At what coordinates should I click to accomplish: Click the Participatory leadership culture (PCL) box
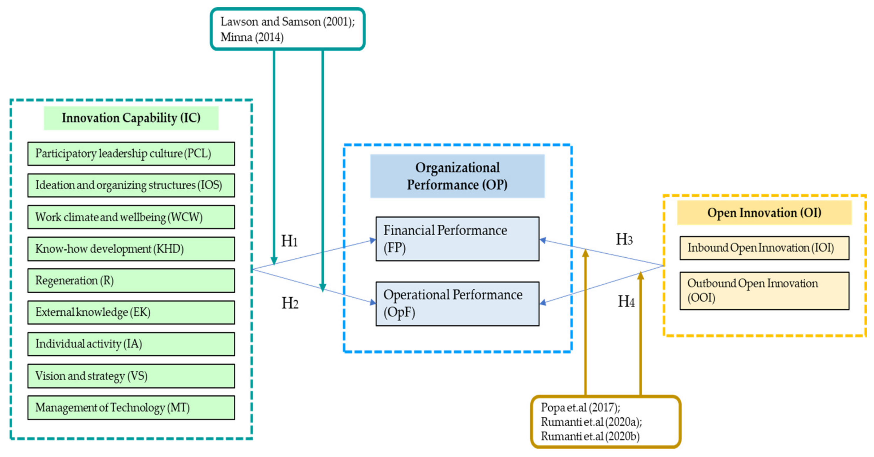(131, 154)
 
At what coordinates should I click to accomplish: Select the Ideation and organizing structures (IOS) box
(131, 185)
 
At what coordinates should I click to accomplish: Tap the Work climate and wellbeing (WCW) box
(131, 217)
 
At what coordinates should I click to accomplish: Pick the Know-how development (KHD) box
(131, 249)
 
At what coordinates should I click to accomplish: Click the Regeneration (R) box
(131, 280)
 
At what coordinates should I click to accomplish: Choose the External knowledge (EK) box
(131, 312)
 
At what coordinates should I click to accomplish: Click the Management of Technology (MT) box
(131, 407)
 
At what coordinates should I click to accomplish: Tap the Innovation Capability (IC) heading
(131, 118)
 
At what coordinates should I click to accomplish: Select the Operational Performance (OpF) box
(457, 303)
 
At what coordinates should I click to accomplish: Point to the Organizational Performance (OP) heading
(457, 176)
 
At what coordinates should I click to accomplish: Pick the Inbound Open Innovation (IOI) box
(764, 248)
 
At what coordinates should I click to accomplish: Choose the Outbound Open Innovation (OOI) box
(764, 290)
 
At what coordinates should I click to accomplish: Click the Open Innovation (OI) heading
(764, 213)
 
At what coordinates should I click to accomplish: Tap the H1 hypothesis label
(289, 241)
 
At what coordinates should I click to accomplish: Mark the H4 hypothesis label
(626, 301)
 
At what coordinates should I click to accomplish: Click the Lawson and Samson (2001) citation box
(287, 29)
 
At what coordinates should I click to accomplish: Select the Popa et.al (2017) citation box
(606, 421)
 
